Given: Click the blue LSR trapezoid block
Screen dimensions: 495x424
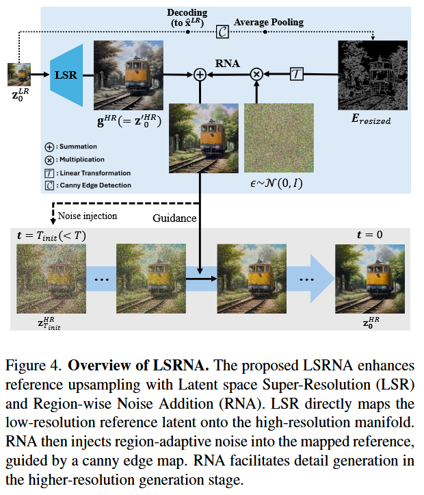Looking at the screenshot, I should tap(67, 75).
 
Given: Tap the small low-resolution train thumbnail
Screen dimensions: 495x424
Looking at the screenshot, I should tap(18, 74).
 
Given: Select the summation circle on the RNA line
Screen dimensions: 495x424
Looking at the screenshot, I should tap(200, 75).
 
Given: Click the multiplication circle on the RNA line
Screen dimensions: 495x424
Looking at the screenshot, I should tap(257, 74).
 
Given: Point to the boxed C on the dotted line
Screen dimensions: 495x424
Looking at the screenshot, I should tap(222, 31).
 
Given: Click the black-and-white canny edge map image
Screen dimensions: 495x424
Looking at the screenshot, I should tap(372, 75).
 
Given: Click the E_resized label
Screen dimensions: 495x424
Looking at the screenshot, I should tap(372, 120).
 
